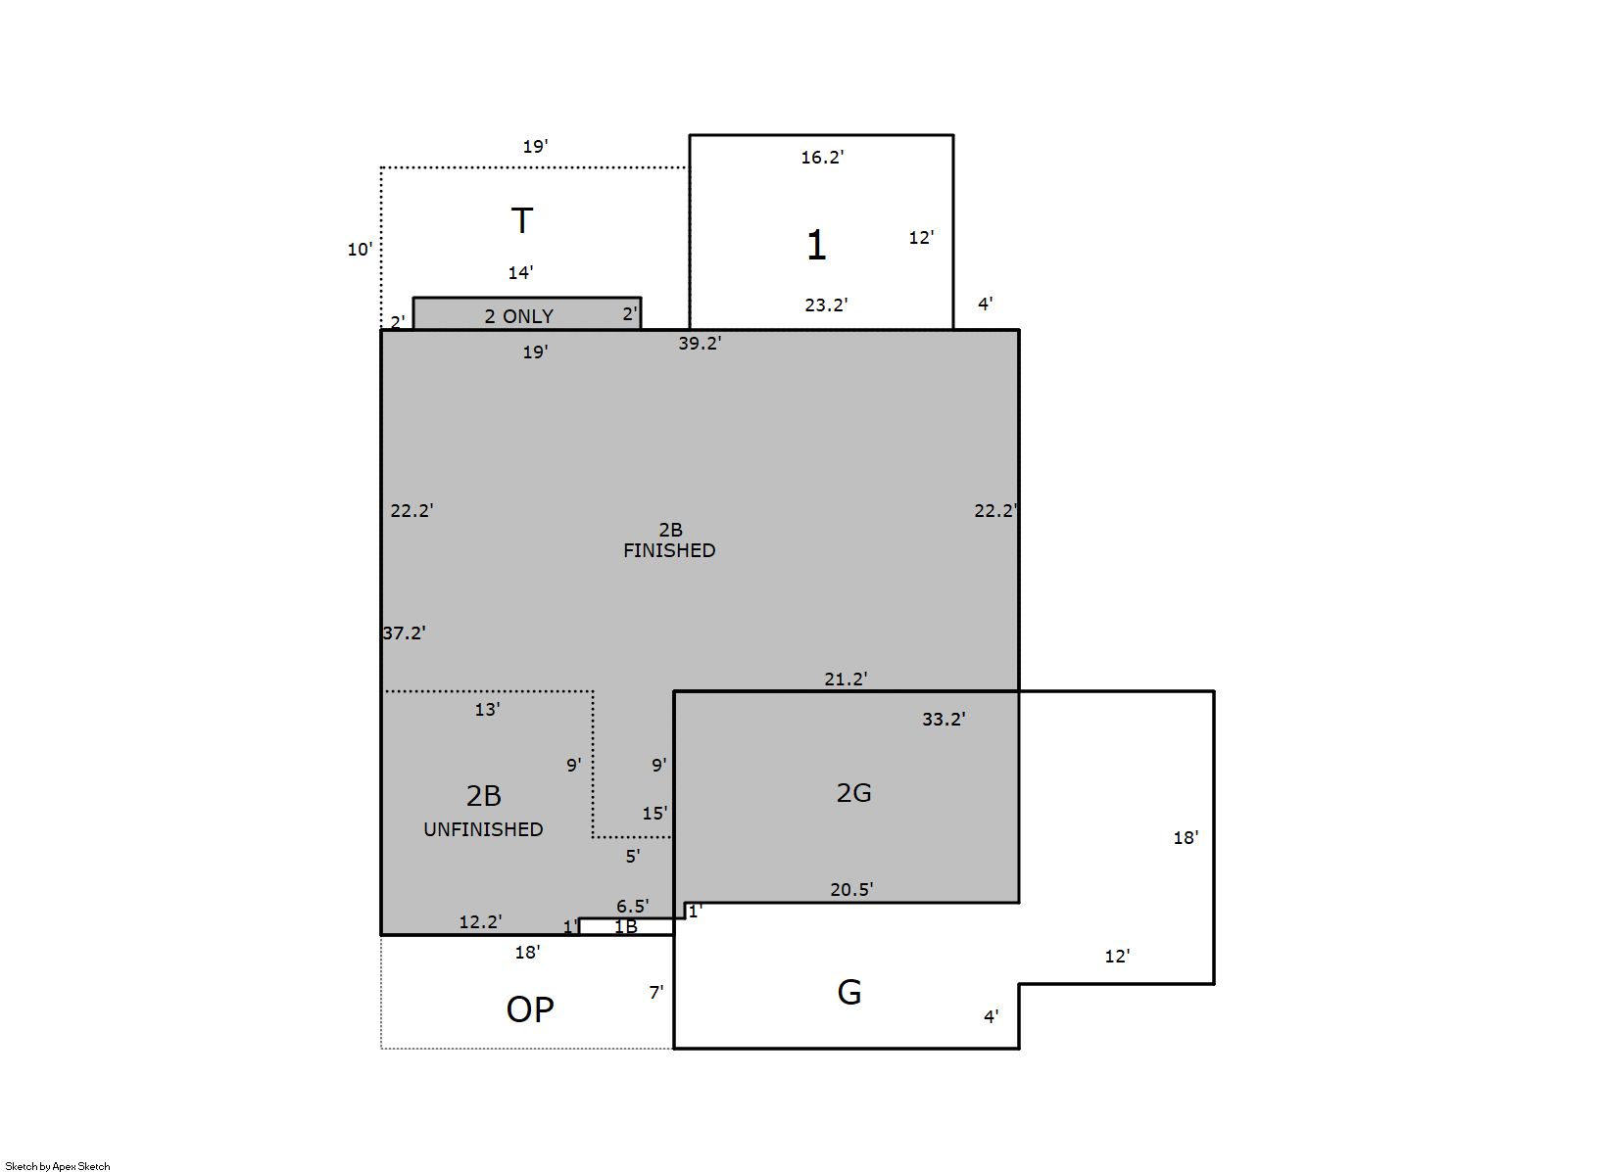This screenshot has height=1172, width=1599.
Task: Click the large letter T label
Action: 522,220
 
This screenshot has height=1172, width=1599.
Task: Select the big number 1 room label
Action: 816,245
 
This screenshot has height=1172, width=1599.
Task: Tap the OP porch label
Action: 530,1009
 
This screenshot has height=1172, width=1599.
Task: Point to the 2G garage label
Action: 853,792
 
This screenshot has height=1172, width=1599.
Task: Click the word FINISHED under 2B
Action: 669,550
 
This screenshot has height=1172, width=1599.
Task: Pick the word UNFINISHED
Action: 483,829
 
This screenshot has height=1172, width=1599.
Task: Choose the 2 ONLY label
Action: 519,316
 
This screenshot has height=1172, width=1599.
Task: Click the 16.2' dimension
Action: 822,157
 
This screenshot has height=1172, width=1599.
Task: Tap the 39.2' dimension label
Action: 700,343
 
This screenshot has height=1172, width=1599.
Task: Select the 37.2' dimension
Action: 404,633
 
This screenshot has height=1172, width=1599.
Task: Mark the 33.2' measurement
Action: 944,719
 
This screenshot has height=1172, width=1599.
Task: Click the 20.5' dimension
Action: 851,889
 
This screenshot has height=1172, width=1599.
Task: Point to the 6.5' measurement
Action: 633,906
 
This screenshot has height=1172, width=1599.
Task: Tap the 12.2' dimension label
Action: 480,921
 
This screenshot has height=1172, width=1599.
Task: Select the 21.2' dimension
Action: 846,680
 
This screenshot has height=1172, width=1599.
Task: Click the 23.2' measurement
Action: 827,305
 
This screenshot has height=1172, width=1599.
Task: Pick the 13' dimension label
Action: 488,709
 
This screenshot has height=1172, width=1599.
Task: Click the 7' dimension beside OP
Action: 656,992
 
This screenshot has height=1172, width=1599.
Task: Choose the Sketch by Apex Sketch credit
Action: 58,1166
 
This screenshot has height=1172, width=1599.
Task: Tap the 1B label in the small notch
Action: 626,926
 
